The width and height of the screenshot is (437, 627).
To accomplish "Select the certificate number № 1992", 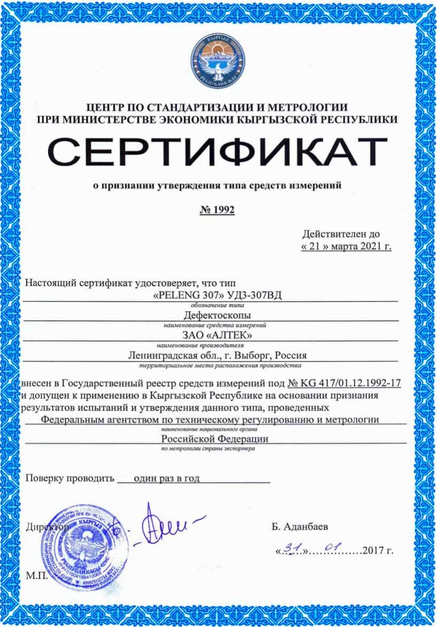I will coord(217,210).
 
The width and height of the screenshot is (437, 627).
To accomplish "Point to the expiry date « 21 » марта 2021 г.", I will coord(346,247).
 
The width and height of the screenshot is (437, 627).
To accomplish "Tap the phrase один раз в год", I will coord(167,479).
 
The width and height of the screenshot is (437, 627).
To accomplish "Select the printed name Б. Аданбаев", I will coord(300,527).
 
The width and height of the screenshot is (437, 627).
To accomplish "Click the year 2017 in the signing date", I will coord(372,551).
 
